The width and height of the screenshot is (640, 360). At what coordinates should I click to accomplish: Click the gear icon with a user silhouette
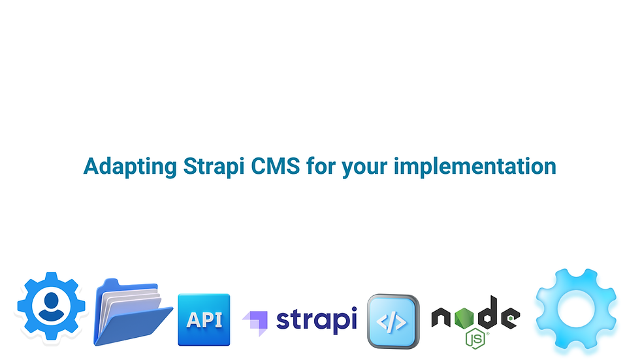coord(51,306)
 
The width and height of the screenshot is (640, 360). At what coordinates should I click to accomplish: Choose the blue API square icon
coord(204,319)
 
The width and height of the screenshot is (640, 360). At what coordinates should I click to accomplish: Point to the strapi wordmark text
coord(316,319)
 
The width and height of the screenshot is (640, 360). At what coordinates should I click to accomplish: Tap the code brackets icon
coord(392,321)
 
